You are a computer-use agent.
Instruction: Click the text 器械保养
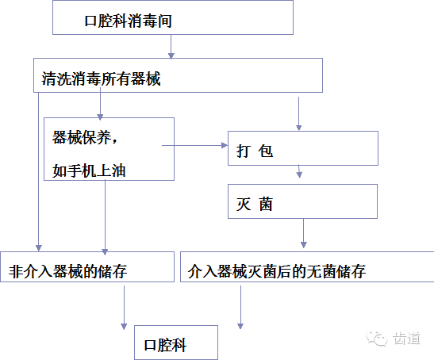click(82, 137)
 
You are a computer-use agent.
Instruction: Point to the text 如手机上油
click(89, 170)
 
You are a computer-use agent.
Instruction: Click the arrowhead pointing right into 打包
click(225, 145)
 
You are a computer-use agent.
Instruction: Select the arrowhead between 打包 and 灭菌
click(299, 174)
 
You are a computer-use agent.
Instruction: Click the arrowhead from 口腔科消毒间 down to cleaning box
click(171, 56)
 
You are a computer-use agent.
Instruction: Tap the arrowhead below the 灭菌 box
click(304, 244)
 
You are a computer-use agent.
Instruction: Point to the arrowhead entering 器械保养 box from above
click(100, 117)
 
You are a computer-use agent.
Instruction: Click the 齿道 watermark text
click(406, 339)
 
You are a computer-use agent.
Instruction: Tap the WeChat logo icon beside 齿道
click(377, 339)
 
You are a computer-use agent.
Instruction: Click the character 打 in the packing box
click(244, 151)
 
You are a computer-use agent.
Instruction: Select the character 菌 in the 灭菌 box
click(266, 205)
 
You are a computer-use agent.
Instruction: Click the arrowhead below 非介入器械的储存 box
click(124, 326)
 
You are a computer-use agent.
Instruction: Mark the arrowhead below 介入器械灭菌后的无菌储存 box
click(240, 326)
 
